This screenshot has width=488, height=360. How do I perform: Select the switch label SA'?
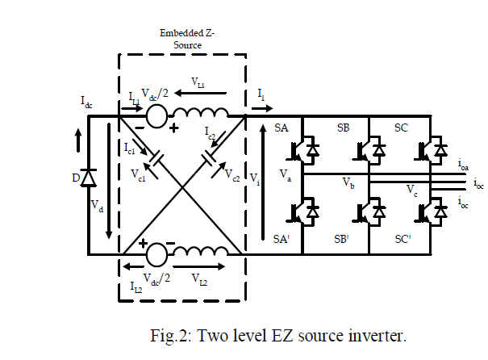pos(282,240)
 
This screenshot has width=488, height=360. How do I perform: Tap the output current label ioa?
pos(464,165)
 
